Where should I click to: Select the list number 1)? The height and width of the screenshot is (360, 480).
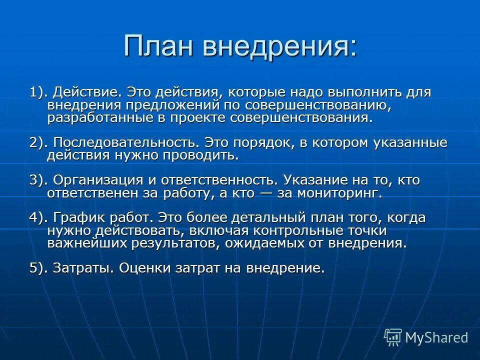point(38,92)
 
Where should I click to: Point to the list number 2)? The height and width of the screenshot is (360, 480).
point(38,143)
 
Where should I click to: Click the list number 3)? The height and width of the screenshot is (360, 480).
point(38,180)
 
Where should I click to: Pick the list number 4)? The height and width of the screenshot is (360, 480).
point(38,218)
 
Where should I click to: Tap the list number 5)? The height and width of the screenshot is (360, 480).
point(38,268)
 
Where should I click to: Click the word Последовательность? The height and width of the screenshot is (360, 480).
point(123,143)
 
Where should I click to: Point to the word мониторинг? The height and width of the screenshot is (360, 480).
point(340,193)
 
